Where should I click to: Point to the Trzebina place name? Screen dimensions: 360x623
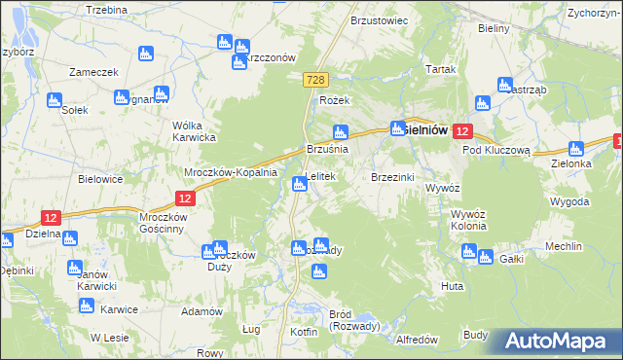(106, 9)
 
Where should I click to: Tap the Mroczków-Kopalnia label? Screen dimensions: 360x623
(232, 171)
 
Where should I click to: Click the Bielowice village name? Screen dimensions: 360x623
(100, 180)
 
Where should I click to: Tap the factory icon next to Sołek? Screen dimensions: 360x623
(54, 99)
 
